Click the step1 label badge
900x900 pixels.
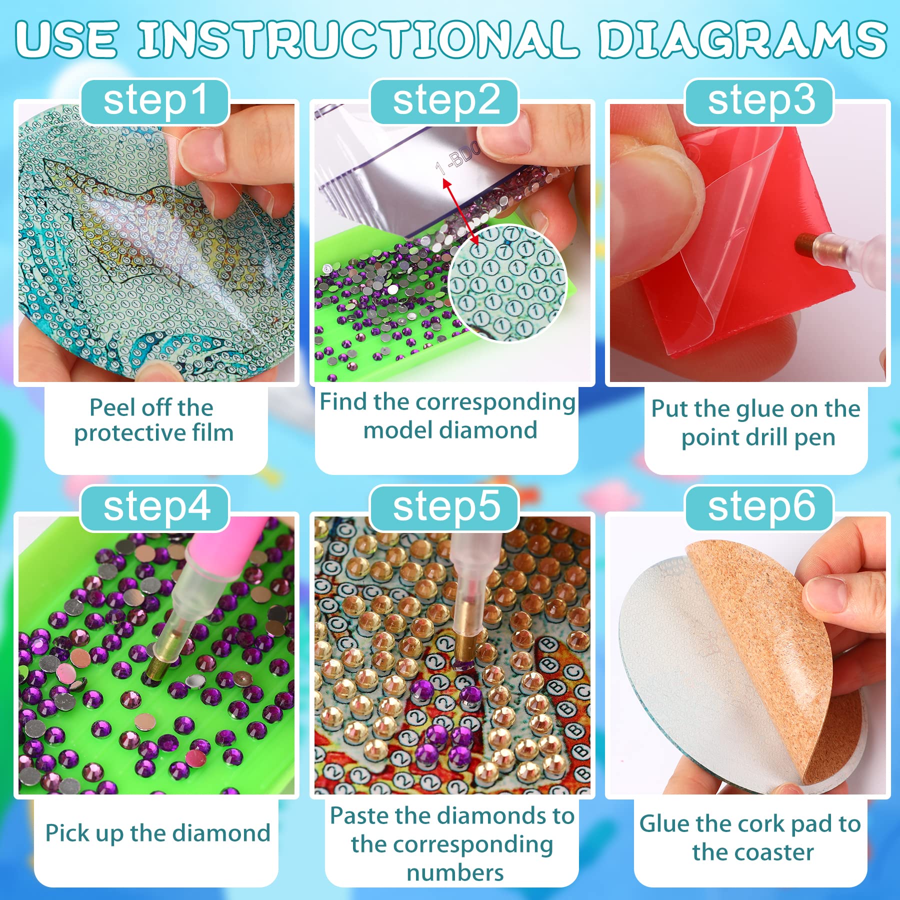click(x=155, y=102)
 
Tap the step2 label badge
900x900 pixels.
click(x=444, y=102)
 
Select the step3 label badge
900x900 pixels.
click(x=759, y=102)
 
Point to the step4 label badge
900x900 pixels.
click(x=155, y=508)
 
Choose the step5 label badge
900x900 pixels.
click(x=444, y=508)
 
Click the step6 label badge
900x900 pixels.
click(x=759, y=508)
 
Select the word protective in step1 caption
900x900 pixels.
click(x=119, y=433)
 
